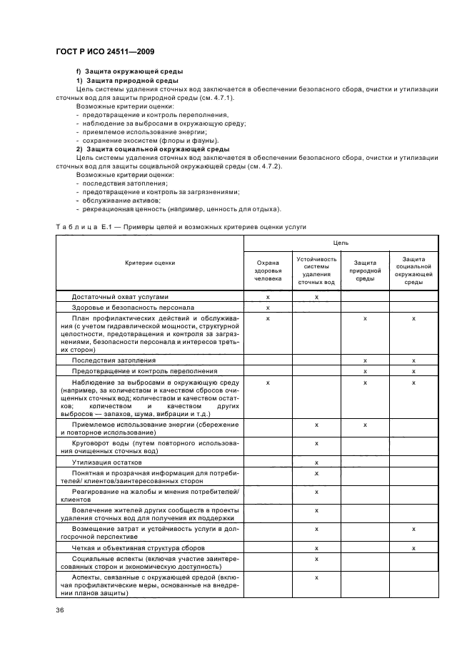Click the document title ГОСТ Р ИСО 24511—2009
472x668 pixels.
pos(105,52)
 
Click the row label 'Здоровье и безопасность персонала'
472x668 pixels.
pos(133,308)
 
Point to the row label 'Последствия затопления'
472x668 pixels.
pos(114,360)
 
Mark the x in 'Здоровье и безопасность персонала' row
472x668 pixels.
pos(268,308)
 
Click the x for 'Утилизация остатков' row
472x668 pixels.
pos(316,462)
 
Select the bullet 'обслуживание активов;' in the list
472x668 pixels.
pos(119,201)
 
